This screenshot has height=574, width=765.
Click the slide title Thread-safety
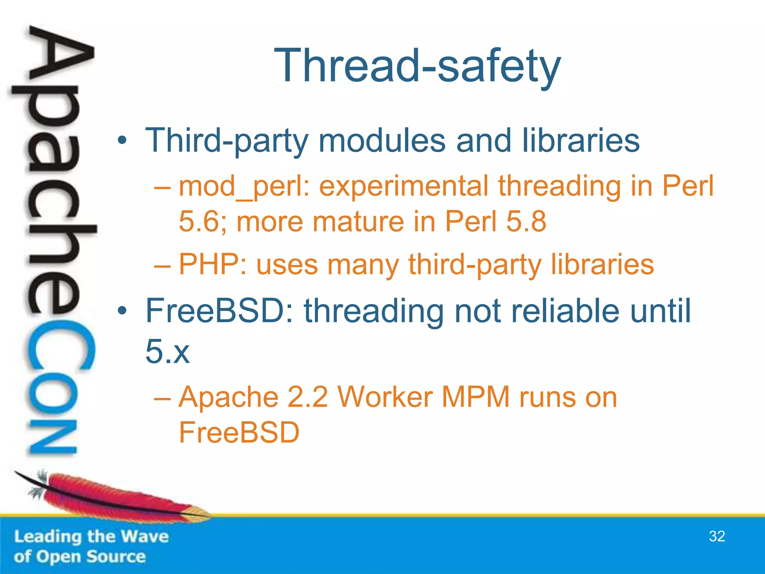coord(417,67)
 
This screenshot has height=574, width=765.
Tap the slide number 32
coord(717,536)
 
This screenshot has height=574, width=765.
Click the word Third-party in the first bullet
coord(226,141)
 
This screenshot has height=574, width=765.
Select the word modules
coord(382,141)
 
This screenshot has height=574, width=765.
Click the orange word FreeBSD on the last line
coord(239,432)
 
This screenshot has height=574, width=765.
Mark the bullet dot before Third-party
coord(122,141)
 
